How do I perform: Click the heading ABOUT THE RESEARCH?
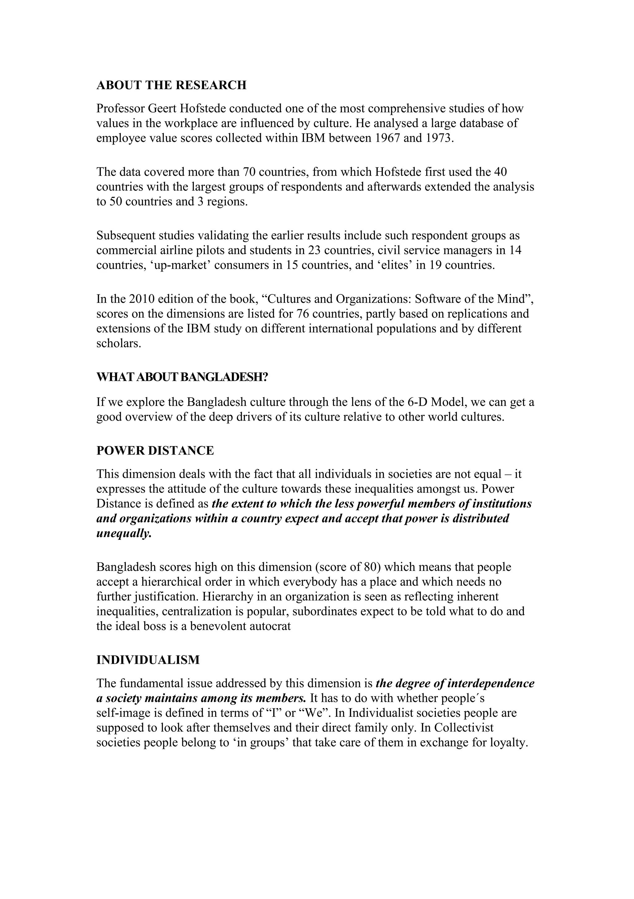[171, 85]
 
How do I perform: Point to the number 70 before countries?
[249, 172]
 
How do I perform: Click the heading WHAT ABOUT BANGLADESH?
[182, 377]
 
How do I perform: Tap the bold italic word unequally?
[124, 533]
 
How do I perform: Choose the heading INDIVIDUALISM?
[148, 660]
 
